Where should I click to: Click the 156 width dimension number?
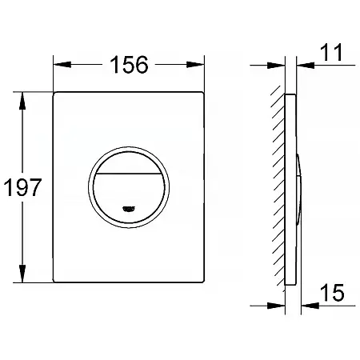tap(129, 65)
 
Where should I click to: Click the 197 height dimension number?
tap(22, 187)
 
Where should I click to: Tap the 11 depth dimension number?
tap(331, 52)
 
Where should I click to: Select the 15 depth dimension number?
tap(332, 293)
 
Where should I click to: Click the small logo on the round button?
tap(129, 209)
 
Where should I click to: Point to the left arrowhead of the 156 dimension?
tap(62, 65)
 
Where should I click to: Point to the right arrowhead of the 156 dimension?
tap(195, 65)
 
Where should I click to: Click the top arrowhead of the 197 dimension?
tap(22, 101)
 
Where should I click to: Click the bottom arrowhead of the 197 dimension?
tap(22, 274)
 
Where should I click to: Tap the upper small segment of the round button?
tap(129, 164)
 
